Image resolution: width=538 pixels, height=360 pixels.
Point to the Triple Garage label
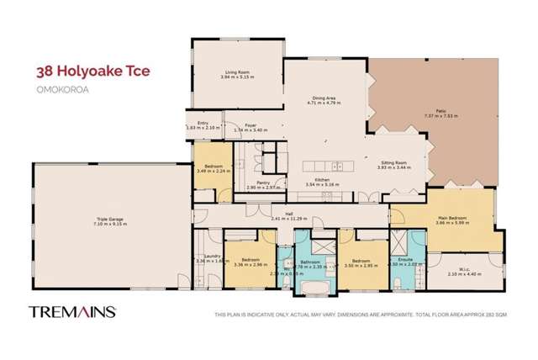pos(109,220)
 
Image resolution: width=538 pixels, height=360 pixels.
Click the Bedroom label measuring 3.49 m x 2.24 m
pos(209,166)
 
